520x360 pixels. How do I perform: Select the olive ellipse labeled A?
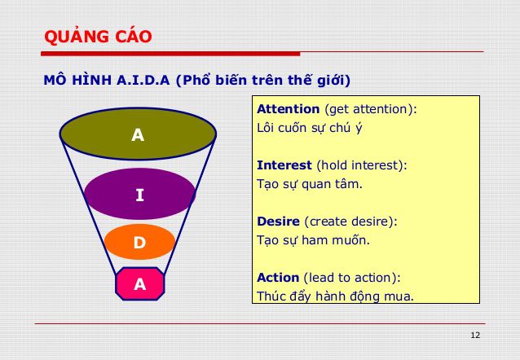coord(138,135)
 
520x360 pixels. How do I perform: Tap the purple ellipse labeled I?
coord(139,194)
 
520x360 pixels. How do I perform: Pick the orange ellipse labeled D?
coord(139,242)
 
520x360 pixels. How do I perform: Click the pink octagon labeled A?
coord(139,283)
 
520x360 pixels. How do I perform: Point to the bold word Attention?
coord(289,108)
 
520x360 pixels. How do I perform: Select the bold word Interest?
coord(285,165)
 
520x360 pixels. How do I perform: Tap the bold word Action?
coord(278,277)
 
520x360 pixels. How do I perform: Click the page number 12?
coord(476,336)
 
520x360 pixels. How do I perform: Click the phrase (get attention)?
coord(371,108)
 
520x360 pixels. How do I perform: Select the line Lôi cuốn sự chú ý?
coord(309,127)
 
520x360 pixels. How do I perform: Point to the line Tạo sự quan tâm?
coord(310,183)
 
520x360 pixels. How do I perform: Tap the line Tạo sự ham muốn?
coord(313,239)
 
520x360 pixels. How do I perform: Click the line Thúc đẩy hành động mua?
coord(335,296)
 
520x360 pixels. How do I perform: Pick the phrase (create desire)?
coord(354,221)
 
